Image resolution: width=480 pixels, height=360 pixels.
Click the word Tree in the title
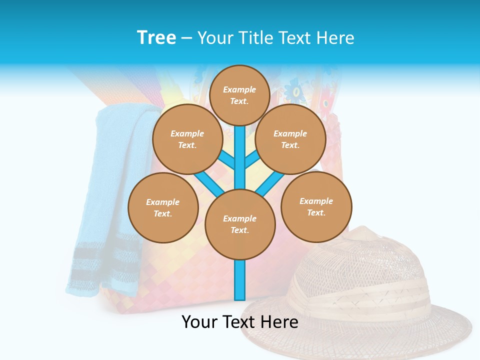coord(156,38)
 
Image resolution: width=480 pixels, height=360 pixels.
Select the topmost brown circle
coord(239,95)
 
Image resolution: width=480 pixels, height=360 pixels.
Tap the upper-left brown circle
coord(187,139)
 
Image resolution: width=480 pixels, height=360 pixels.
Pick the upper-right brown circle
coord(290,139)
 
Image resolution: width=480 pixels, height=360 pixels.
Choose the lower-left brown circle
coord(163,207)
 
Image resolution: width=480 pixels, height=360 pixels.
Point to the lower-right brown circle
coord(316,206)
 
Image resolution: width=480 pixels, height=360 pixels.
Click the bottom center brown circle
coord(240,224)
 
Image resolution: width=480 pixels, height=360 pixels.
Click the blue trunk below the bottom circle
coord(240,280)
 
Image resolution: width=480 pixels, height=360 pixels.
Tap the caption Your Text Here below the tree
coord(240,322)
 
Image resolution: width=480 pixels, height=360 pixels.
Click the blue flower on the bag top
coord(295,90)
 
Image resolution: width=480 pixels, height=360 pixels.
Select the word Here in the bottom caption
coord(279,322)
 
